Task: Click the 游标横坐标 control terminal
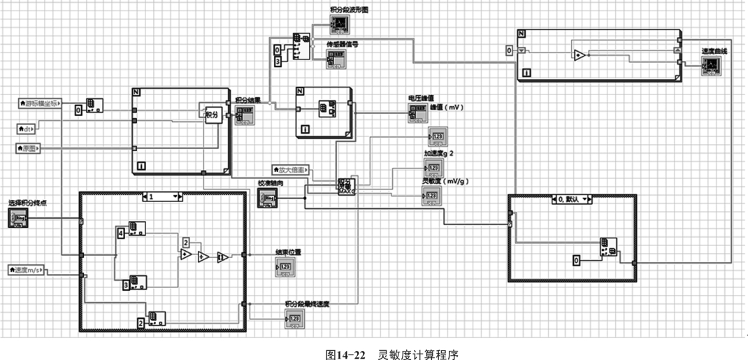coord(40,104)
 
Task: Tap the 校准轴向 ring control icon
coord(268,199)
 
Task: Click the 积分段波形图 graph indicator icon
coord(339,24)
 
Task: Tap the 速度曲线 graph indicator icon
coord(710,65)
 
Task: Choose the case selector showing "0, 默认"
coord(572,199)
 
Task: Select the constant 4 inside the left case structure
coord(120,232)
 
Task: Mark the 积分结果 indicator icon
coord(242,115)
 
